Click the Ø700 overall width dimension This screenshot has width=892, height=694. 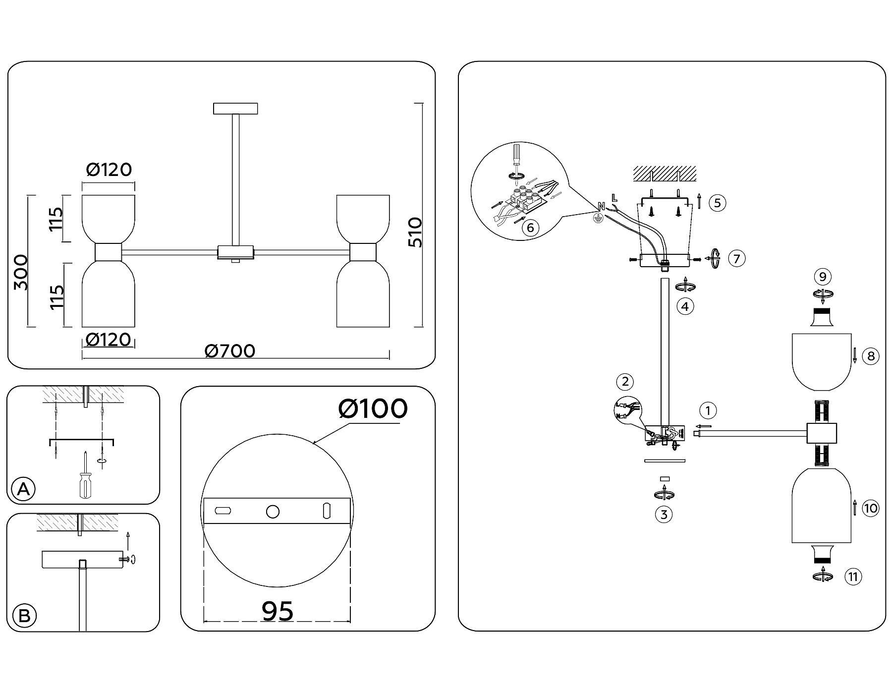(x=230, y=351)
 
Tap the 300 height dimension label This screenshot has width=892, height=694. (x=21, y=272)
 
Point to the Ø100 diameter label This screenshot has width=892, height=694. (x=373, y=409)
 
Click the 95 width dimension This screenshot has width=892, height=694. (x=278, y=611)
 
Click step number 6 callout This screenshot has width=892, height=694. (x=530, y=228)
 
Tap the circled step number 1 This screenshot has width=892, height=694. (x=708, y=410)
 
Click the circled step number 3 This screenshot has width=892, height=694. (x=664, y=515)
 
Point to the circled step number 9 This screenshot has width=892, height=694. (x=823, y=277)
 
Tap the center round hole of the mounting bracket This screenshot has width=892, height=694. (x=273, y=512)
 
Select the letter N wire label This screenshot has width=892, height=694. (x=602, y=206)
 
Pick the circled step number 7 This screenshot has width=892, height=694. (x=737, y=258)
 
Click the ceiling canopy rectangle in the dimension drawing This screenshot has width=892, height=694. (x=235, y=108)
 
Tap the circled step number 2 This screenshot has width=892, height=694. (x=625, y=382)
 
